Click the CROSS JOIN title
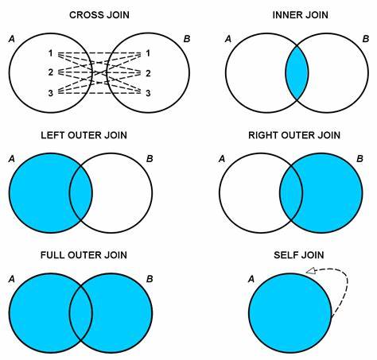click(99, 15)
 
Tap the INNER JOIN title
click(301, 15)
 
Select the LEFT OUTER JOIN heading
click(84, 135)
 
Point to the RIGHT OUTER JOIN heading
click(294, 135)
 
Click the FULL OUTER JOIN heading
click(84, 255)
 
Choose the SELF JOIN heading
click(299, 255)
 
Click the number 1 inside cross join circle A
click(50, 53)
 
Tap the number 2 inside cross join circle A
click(51, 72)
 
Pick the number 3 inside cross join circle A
click(51, 93)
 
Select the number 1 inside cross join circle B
click(148, 53)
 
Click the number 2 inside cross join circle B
click(148, 73)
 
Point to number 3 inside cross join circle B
click(148, 93)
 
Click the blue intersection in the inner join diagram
click(297, 73)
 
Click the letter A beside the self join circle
click(251, 279)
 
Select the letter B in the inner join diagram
click(366, 39)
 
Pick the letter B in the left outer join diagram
click(150, 159)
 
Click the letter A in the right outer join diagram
click(222, 159)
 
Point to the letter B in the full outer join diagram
click(150, 279)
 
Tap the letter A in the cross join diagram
click(12, 39)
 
